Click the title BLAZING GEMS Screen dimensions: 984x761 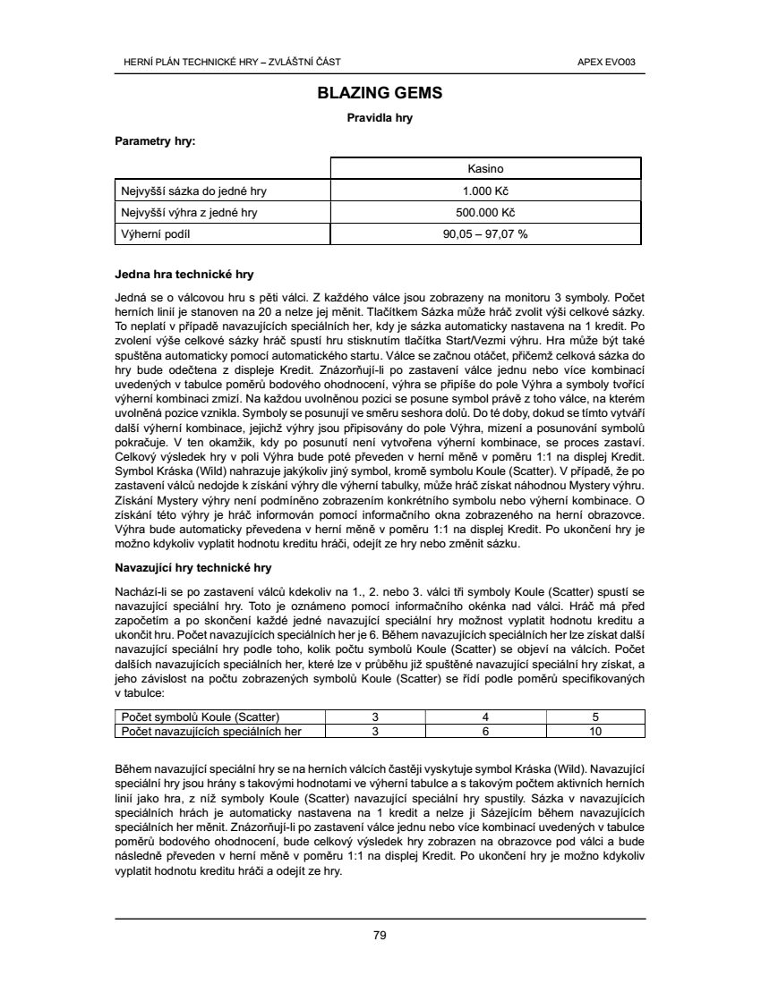click(x=380, y=92)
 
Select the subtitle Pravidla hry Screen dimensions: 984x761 click(x=380, y=117)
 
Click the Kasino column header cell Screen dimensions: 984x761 click(x=486, y=168)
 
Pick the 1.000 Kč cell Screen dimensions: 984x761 click(x=486, y=191)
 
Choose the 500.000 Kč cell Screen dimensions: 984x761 click(x=486, y=213)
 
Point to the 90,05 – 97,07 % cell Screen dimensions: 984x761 click(x=486, y=234)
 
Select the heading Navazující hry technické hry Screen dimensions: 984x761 click(x=193, y=567)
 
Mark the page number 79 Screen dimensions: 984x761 click(x=380, y=936)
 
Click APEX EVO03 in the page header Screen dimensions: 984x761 click(x=613, y=62)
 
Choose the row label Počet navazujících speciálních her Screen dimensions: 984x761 click(x=210, y=730)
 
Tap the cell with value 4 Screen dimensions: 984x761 click(x=484, y=717)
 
